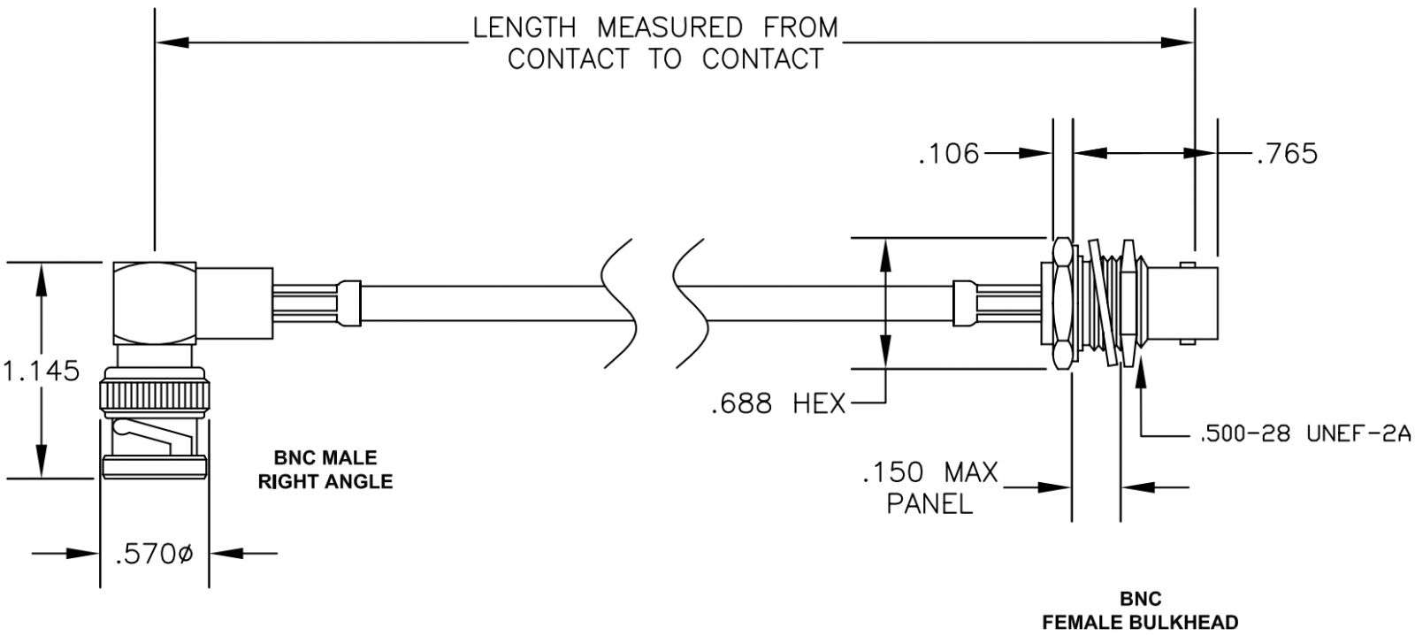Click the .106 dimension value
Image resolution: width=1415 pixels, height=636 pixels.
[x=948, y=154]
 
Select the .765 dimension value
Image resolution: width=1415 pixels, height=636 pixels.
[x=1287, y=154]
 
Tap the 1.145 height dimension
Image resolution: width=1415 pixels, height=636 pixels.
[x=42, y=371]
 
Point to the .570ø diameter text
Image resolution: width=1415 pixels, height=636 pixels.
[x=154, y=554]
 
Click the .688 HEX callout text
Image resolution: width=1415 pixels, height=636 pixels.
[x=778, y=403]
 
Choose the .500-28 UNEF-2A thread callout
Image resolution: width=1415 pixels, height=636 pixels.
[x=1305, y=434]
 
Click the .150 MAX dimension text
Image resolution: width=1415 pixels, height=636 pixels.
[x=929, y=472]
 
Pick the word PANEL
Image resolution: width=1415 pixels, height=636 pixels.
[x=929, y=503]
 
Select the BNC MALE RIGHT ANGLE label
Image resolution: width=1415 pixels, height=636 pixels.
[x=325, y=470]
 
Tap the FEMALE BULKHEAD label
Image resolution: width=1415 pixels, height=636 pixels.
[x=1140, y=622]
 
